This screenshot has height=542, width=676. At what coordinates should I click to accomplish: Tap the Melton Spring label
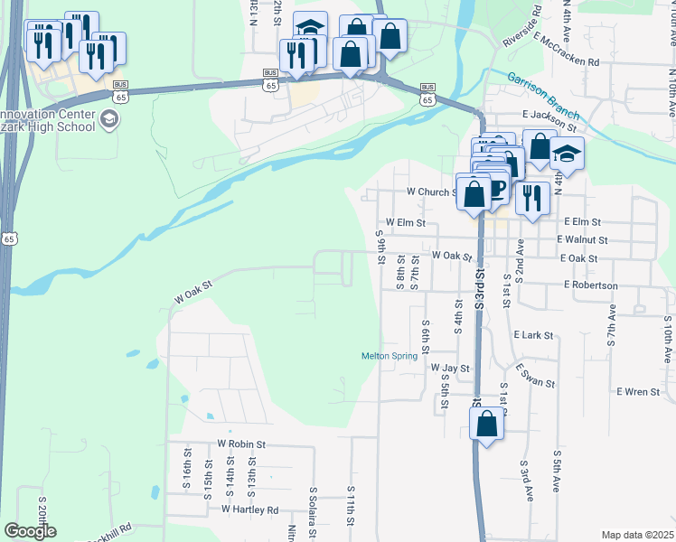390,356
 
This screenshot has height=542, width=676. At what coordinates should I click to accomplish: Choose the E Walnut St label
582,240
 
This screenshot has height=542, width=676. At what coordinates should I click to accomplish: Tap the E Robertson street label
590,285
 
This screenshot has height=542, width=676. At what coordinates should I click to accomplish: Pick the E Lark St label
532,335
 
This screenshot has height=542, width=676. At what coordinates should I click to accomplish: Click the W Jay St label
450,369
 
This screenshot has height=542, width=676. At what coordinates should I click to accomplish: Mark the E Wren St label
637,392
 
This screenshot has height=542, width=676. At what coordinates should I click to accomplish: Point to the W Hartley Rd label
249,510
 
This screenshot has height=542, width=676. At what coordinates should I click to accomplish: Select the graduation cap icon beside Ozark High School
108,119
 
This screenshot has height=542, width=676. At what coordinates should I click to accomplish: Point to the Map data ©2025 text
637,535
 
